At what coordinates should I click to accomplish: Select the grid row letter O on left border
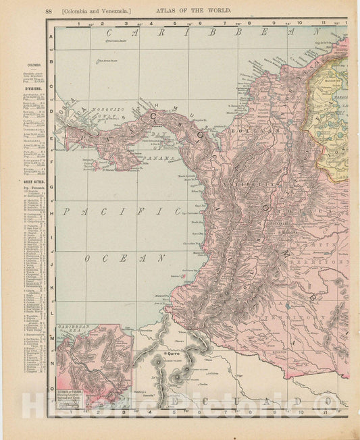tap(51, 389)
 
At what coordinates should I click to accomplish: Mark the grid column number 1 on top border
tap(78, 23)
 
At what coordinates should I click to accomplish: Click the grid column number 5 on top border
tap(175, 23)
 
